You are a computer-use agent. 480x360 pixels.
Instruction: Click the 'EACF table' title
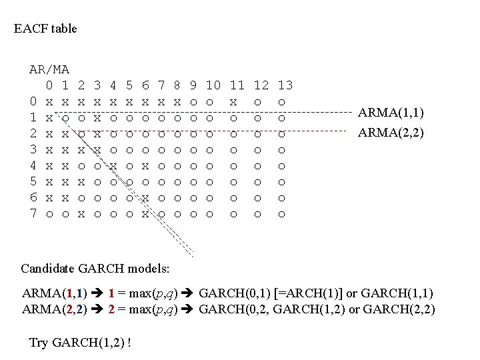tap(45, 29)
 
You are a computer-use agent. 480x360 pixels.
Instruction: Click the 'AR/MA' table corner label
tap(49, 69)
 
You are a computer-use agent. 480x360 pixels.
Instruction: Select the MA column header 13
tap(285, 85)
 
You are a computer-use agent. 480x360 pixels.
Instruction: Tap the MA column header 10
tap(213, 85)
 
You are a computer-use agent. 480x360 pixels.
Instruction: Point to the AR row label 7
tap(33, 214)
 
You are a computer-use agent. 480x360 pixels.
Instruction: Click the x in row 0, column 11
tap(233, 102)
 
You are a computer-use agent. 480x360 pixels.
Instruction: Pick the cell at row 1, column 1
tap(65, 118)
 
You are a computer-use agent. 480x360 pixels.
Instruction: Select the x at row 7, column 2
tap(81, 214)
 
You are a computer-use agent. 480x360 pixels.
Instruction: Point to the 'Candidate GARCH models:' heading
tap(95, 269)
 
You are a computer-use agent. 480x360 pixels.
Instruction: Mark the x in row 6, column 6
tap(145, 198)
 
